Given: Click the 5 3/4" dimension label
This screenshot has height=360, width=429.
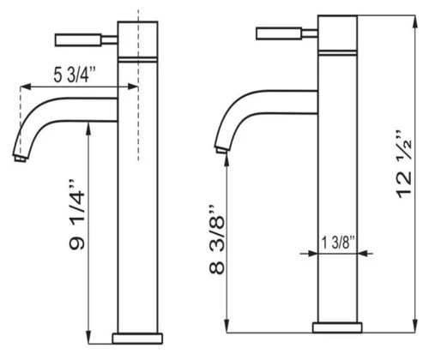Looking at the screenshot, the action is coord(75,75).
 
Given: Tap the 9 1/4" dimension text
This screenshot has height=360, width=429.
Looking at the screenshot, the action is coord(77,215).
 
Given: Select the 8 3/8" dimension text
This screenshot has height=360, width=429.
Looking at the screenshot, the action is coord(217,239).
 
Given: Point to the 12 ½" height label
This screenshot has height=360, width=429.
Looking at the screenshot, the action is coord(404,165).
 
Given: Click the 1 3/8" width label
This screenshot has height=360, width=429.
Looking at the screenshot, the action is coord(338,243).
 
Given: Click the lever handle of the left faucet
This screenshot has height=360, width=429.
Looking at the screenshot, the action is coord(78,40).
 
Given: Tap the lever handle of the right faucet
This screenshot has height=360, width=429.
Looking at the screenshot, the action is coord(279,33).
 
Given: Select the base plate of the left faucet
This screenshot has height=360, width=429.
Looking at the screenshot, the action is coord(137,339).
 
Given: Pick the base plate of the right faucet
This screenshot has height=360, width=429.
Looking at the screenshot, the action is coord(337,327).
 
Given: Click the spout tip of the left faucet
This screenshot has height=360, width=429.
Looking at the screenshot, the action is coord(20,158).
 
